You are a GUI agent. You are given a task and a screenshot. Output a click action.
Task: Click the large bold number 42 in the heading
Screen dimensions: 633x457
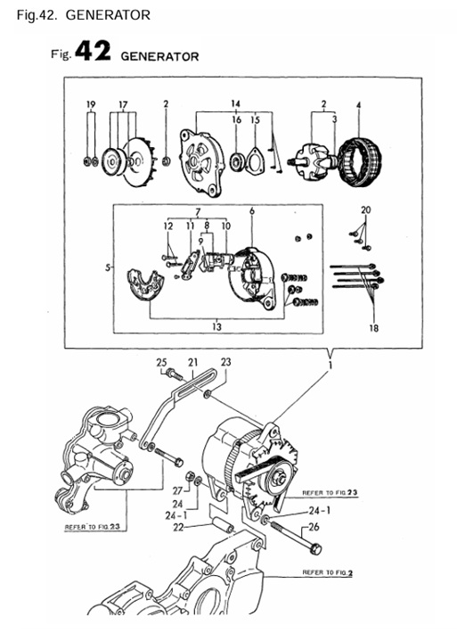click(x=93, y=53)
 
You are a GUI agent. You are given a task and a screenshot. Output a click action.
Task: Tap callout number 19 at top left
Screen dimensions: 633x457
click(x=90, y=105)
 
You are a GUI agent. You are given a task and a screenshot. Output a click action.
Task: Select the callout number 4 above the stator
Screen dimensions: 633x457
click(x=358, y=105)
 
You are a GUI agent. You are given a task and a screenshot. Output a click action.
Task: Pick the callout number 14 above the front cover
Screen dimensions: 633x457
click(x=236, y=104)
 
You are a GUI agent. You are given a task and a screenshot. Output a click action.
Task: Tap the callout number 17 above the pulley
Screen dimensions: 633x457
click(x=123, y=105)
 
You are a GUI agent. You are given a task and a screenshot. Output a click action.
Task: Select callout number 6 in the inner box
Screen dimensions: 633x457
click(x=252, y=211)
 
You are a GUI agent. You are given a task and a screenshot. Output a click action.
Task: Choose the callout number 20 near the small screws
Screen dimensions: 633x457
click(x=365, y=210)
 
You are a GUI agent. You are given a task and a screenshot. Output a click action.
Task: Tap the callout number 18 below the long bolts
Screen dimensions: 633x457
click(x=372, y=327)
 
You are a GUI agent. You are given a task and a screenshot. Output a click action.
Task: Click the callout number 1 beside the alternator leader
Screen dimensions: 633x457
click(x=332, y=365)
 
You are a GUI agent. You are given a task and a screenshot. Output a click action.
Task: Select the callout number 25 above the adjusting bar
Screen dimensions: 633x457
click(x=161, y=362)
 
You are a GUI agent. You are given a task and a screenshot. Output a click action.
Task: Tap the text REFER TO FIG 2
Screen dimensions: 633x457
click(x=326, y=571)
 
